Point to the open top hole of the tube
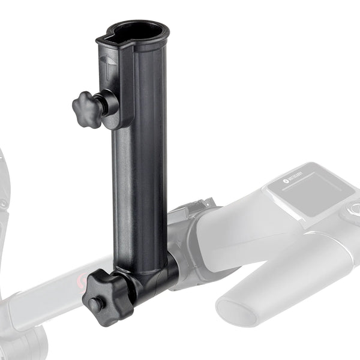click(137, 31)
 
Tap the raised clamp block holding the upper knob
click(121, 108)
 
